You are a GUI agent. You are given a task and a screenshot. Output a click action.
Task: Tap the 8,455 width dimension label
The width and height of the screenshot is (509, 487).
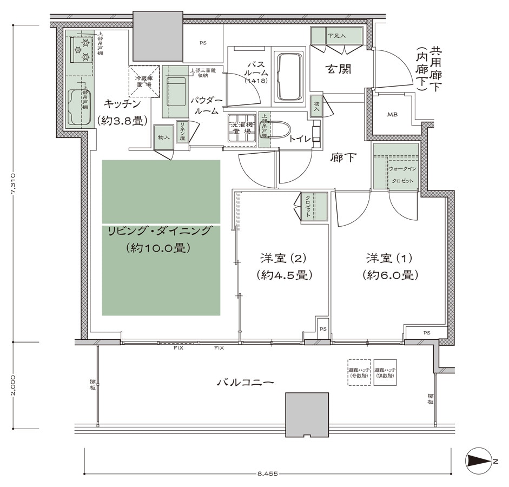(267, 473)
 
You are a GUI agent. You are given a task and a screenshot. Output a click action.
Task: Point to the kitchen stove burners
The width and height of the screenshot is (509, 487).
(81, 49)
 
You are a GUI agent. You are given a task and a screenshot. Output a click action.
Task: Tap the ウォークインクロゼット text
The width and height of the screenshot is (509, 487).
(402, 175)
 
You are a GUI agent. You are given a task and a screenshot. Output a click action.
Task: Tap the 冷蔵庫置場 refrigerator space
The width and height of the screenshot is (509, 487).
(144, 81)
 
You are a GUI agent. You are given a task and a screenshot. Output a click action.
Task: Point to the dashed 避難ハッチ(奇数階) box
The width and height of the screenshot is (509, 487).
(359, 372)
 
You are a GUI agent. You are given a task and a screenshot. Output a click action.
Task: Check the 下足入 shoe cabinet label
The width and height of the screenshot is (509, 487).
(336, 36)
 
